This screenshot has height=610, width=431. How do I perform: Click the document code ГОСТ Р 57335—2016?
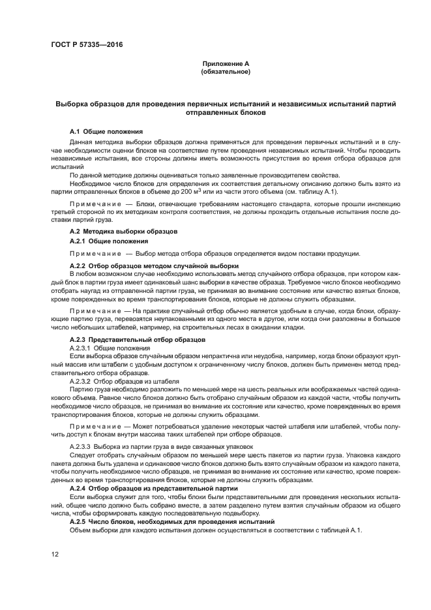coord(86,44)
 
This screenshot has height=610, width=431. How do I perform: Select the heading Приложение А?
coord(226,63)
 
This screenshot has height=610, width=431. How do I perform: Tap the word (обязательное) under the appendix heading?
coord(226,71)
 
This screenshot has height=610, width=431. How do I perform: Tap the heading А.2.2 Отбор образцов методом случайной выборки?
coord(154,266)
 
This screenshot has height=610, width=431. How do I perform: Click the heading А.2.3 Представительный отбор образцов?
coord(138,340)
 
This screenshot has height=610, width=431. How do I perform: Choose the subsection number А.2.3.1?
coord(82,348)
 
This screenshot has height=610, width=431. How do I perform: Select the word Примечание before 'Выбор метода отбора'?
coord(97,253)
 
